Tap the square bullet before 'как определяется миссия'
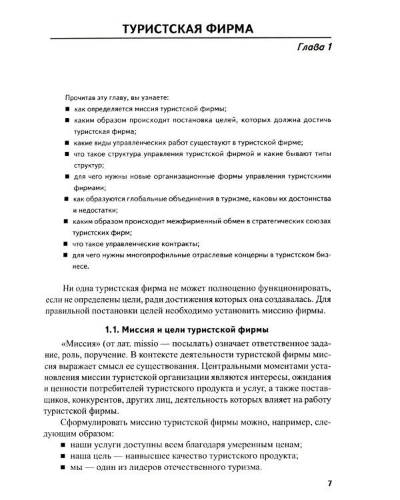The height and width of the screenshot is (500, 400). [68, 109]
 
